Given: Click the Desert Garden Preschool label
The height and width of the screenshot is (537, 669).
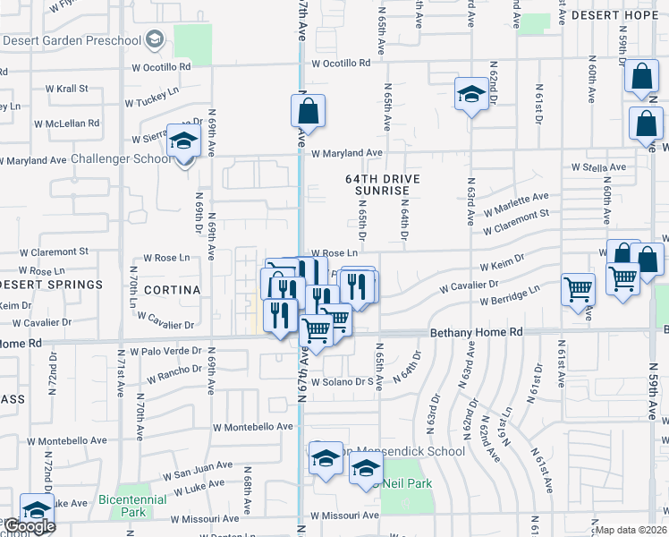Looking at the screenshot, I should (x=72, y=39).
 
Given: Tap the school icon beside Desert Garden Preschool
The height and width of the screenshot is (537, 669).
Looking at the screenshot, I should (x=155, y=38).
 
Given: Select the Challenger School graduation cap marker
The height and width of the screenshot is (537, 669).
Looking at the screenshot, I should (x=185, y=141).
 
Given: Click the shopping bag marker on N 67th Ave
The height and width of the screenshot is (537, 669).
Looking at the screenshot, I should (x=307, y=112).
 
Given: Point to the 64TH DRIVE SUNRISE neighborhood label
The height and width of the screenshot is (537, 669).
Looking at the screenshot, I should (x=383, y=184).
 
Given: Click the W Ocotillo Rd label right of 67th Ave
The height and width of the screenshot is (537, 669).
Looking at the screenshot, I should (x=341, y=64).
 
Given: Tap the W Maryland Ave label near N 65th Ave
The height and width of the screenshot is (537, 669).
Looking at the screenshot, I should (x=341, y=153).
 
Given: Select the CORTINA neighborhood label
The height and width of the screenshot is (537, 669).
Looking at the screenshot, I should (x=170, y=290).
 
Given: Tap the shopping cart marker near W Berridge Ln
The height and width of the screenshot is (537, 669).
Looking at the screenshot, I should (x=579, y=290).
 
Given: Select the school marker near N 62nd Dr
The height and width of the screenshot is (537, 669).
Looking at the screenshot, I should (x=471, y=93).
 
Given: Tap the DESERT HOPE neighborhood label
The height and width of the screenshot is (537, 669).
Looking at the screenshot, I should (x=618, y=16).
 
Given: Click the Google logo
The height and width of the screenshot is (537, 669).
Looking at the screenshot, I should (x=29, y=526).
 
